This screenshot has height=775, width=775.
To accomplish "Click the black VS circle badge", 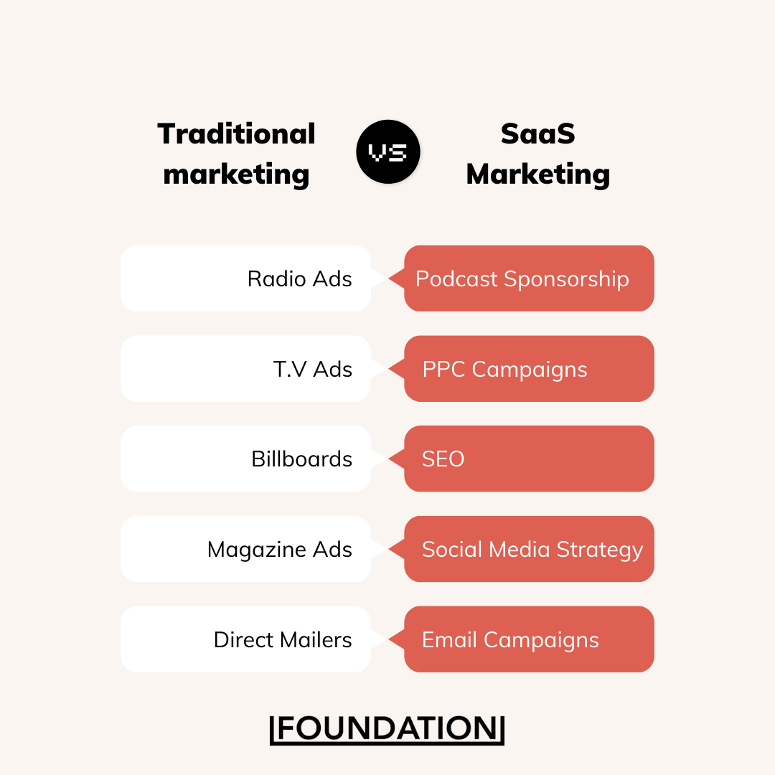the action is coord(388,151).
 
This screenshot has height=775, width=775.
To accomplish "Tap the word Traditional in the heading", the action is coord(236,134).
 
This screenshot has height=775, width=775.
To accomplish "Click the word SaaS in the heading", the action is coord(537,134).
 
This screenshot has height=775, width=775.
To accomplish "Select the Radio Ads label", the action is coord(299,278).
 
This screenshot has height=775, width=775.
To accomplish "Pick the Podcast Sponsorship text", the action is coord(522,279).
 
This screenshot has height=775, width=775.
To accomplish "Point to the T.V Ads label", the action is coord(313,370).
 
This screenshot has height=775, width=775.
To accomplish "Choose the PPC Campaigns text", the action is coord(504,370).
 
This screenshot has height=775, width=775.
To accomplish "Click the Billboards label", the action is coord(302,459).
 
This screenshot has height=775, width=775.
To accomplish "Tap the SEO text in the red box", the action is coord(443,459).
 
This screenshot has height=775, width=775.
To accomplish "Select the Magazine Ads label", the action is coord(280,550).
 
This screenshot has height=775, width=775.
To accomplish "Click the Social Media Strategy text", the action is coord(532,550).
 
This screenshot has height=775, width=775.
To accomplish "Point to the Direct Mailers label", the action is coord(283,639).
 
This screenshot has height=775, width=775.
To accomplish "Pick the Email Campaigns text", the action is coord(510,640).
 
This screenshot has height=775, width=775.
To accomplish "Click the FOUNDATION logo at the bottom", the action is coord(387,729).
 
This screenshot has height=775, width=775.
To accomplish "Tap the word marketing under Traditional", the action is coord(236,175).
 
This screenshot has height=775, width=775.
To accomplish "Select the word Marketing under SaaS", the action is coord(537,175).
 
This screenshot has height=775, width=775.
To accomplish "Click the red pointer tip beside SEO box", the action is coord(389,459).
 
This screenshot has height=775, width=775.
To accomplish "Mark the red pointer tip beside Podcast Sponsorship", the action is coord(389,278).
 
